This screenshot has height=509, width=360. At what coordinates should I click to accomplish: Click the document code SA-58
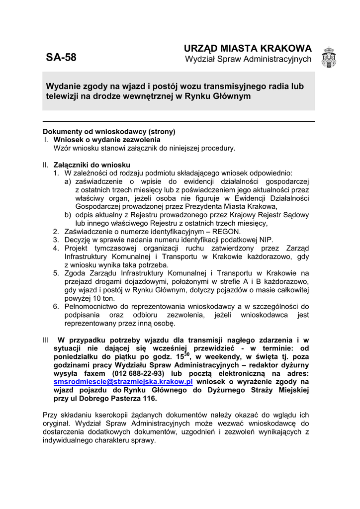[x=61, y=57]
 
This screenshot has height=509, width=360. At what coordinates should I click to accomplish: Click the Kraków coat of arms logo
[x=329, y=58]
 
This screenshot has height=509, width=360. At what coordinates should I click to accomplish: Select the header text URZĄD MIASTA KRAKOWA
[x=248, y=49]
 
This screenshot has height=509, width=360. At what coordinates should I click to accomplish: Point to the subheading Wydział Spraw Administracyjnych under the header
[x=248, y=60]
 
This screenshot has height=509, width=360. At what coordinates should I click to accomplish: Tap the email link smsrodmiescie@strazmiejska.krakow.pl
[x=123, y=382]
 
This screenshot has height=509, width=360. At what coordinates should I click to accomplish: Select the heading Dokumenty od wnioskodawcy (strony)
[x=109, y=132]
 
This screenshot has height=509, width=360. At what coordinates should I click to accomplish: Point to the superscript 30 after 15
[x=187, y=354]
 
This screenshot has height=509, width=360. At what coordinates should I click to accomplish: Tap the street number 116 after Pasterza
[x=148, y=399]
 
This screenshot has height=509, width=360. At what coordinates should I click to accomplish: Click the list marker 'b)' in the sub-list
[x=68, y=215]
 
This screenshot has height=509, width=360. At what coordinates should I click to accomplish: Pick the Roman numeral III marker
[x=46, y=340]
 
